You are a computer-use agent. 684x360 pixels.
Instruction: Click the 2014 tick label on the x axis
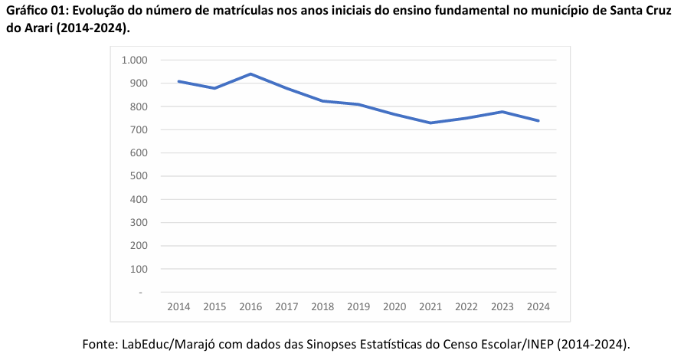(178, 306)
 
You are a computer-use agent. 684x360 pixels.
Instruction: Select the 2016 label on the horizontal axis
(250, 306)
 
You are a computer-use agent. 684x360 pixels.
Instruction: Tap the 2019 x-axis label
(358, 306)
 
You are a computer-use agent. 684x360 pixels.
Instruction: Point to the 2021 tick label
(430, 306)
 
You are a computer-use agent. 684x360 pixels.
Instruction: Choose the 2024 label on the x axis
(538, 306)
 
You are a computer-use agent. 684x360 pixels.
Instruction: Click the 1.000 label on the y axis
(134, 60)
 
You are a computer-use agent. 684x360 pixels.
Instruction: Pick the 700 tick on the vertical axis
(139, 129)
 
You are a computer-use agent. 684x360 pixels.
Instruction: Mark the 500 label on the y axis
(139, 176)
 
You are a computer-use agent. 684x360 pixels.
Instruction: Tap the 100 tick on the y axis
(139, 269)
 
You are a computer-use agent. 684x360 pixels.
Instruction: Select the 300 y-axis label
(139, 223)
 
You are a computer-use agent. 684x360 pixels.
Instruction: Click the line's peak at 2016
(250, 74)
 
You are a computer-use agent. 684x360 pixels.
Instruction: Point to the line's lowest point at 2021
(430, 123)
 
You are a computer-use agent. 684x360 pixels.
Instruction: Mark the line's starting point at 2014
(178, 81)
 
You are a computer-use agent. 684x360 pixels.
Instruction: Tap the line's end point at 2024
(538, 120)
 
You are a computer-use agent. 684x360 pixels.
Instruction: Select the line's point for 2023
(502, 112)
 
